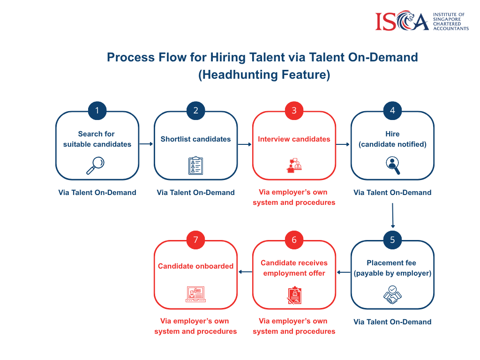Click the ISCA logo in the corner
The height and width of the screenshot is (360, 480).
(x=422, y=21)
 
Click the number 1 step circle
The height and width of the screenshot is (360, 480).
(x=97, y=111)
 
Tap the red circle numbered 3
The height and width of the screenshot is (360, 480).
(x=294, y=111)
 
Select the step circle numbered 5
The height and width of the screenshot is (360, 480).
(x=392, y=240)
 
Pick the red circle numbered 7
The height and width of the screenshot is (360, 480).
(x=195, y=240)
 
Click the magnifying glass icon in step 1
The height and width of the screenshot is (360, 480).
(x=96, y=165)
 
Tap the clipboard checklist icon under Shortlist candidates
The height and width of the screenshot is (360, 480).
(x=195, y=165)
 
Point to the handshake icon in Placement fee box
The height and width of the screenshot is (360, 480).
(x=392, y=294)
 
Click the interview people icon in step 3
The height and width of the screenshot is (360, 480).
(x=294, y=165)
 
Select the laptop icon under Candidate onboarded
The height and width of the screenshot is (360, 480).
(x=195, y=294)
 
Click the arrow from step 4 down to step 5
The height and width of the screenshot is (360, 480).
(x=393, y=216)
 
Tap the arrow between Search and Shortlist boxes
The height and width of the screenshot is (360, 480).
(x=146, y=144)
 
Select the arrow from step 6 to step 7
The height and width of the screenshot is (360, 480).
(x=245, y=272)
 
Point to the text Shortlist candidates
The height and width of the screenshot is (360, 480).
(x=195, y=139)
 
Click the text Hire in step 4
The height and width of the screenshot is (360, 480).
(x=392, y=134)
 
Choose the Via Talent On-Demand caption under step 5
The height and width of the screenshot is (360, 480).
(x=392, y=322)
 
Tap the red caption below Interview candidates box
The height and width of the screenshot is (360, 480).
(x=294, y=197)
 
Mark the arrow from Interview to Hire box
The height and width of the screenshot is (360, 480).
(x=343, y=144)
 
